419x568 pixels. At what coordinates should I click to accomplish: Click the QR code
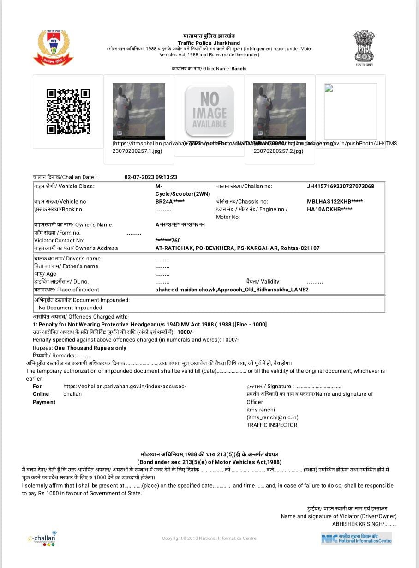(x=68, y=111)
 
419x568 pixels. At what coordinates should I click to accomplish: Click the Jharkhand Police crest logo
(x=53, y=47)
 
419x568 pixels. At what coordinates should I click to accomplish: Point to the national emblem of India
(x=364, y=46)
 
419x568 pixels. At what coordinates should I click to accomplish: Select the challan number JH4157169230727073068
(x=340, y=187)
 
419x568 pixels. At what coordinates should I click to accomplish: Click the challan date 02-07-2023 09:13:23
(x=151, y=177)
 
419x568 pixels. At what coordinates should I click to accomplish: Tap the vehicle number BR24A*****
(x=170, y=202)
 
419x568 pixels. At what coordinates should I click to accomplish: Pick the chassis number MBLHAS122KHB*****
(x=335, y=202)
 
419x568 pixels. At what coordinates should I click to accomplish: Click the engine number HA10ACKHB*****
(x=329, y=209)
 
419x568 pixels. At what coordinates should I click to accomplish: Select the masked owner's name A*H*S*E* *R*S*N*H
(x=180, y=225)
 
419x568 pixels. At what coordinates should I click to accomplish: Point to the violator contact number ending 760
(x=168, y=240)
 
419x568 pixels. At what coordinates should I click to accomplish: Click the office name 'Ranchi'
(x=239, y=69)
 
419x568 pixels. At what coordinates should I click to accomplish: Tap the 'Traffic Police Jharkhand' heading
(x=209, y=43)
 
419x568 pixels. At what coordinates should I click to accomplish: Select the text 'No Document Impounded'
(x=70, y=308)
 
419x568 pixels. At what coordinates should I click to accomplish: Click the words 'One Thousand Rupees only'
(x=90, y=348)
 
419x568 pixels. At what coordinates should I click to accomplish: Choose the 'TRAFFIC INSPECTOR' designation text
(x=272, y=425)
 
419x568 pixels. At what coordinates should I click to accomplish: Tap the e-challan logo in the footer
(x=42, y=538)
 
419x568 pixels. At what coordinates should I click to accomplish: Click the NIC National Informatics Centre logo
(x=356, y=538)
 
